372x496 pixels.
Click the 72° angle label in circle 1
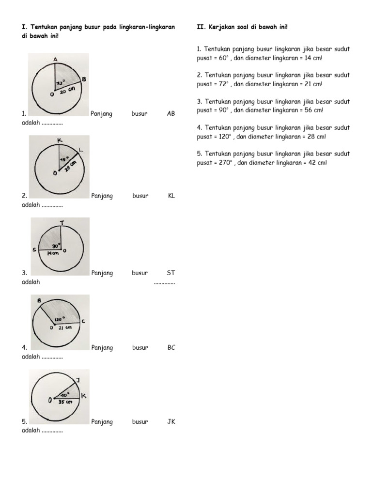61,82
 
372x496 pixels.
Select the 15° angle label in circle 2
64,159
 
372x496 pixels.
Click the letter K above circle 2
60,140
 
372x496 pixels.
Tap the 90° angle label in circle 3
56,246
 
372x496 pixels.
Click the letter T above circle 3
62,223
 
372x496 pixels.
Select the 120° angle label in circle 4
60,320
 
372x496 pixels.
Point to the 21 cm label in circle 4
64,328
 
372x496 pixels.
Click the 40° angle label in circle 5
65,394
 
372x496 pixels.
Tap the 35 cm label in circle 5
65,402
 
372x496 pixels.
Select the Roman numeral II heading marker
200,27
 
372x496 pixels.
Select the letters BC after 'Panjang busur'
171,347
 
